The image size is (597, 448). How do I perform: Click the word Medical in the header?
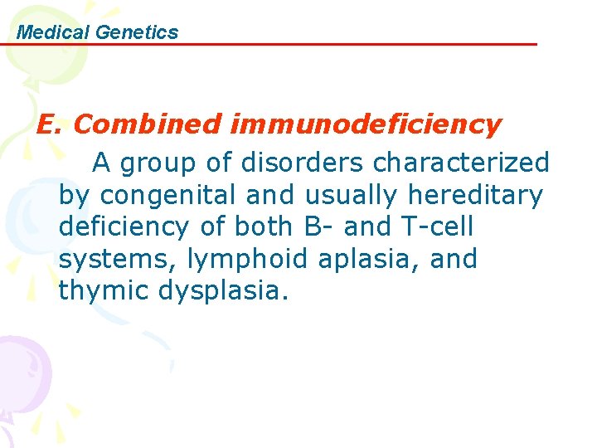pos(53,32)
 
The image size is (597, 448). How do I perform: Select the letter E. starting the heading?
pos(50,124)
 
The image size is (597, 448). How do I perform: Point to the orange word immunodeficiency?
pos(366,124)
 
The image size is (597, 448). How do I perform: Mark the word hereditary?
pos(475,194)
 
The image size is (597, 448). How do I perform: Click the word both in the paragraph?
pos(255,226)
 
